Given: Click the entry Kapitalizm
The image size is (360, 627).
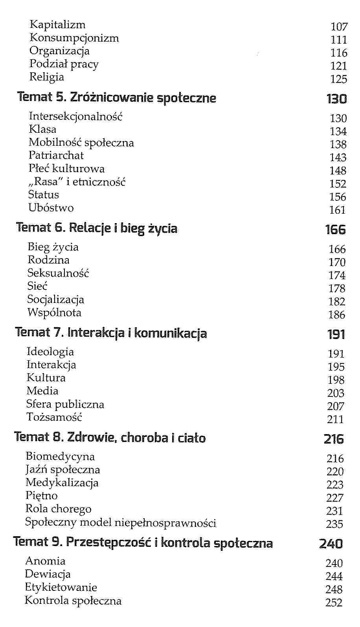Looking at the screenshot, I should (x=57, y=25).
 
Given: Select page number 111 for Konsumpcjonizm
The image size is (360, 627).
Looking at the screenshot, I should (x=339, y=40).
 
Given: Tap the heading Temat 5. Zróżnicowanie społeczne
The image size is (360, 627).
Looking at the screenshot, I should (x=117, y=97).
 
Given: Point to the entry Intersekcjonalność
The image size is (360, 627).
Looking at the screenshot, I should (x=75, y=116).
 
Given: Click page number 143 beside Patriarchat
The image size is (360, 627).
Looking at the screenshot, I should (x=338, y=158).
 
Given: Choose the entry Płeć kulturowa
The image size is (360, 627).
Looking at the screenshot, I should (x=66, y=169).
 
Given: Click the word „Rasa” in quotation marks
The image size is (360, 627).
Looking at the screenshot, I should (x=48, y=182).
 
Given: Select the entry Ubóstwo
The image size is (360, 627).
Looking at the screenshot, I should (x=51, y=208).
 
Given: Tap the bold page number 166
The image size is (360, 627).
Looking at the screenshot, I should (x=335, y=229).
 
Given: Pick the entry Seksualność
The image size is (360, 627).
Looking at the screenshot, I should (x=58, y=273).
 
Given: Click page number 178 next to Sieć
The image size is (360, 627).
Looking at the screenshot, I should (x=337, y=289).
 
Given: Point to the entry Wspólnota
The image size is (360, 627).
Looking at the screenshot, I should (x=54, y=313).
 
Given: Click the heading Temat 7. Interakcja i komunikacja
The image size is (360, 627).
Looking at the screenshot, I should (x=111, y=333).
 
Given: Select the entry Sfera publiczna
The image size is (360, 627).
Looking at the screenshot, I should (x=65, y=404).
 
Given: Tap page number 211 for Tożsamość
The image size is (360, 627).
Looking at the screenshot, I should (x=335, y=420).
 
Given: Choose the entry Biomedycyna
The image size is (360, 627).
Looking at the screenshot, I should (x=60, y=456).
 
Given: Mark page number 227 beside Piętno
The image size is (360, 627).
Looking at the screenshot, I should (x=334, y=498).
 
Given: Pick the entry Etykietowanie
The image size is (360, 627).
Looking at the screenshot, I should (x=61, y=587).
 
